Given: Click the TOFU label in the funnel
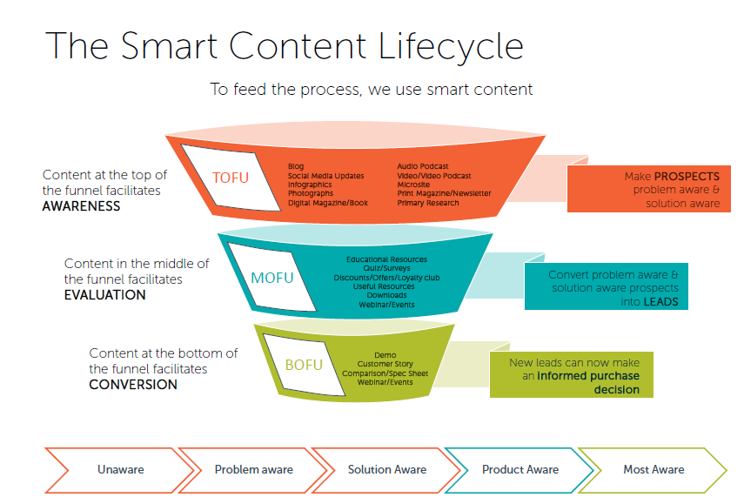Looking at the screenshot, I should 231,178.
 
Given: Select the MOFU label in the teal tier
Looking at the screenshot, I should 273,279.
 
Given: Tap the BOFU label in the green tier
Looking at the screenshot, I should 305,364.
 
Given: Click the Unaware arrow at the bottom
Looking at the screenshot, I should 120,469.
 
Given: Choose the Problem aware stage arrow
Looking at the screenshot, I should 253,469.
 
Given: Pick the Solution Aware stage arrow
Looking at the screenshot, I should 387,469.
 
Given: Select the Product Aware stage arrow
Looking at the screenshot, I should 520,469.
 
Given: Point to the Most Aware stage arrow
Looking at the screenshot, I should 654,469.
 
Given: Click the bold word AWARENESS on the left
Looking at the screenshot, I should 81,206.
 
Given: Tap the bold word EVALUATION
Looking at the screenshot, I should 104,295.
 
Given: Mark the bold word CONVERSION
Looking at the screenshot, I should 133,384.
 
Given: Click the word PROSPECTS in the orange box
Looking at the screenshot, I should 687,176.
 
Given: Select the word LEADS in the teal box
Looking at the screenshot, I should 661,302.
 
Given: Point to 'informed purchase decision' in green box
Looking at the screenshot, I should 587,383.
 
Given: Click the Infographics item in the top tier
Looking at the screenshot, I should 310,185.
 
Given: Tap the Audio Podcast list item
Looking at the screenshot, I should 423,165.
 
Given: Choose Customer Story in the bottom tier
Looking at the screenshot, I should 385,364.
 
